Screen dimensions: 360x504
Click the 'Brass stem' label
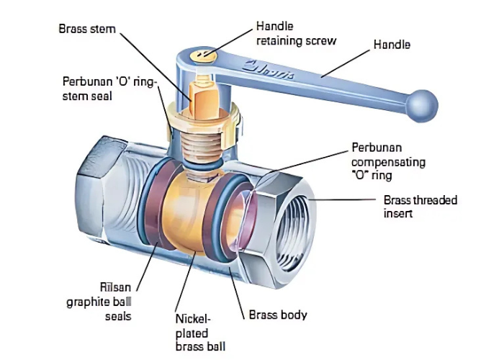coord(88,30)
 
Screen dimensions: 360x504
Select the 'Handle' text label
coord(392,45)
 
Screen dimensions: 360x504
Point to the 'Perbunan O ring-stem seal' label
coord(108,88)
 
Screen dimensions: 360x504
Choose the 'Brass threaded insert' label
coord(420,207)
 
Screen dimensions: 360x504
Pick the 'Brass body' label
coord(278,315)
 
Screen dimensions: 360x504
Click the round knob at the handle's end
coord(421,105)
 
